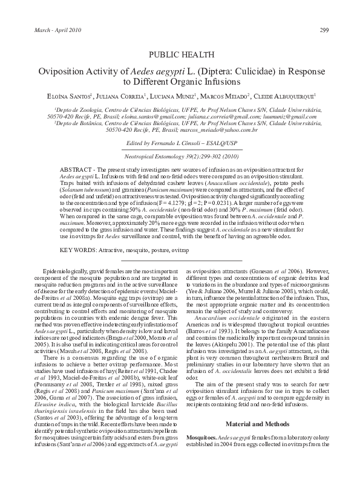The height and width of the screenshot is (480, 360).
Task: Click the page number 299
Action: click(324, 31)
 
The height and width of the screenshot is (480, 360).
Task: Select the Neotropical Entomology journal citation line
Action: click(180, 155)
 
